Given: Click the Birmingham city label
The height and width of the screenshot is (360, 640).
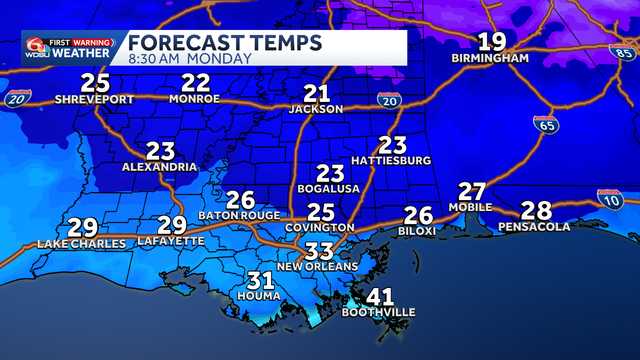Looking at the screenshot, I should tap(489, 59).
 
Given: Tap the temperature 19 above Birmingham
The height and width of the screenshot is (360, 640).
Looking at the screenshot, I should tap(491, 42).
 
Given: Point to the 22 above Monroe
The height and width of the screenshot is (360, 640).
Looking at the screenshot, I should tap(195, 83).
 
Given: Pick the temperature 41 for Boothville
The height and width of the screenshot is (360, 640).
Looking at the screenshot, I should tap(379, 297).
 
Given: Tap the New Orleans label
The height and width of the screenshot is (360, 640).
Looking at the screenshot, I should tap(317, 267).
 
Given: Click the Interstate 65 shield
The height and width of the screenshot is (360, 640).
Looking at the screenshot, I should tap(545, 124).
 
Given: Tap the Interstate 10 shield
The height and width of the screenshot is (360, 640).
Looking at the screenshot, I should tap(609, 198).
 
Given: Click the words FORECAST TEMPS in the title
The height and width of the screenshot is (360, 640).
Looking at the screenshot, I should tap(225, 42).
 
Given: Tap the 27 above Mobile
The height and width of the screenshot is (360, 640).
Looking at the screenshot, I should tap(472, 191).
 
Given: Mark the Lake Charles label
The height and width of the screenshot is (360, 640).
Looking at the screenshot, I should tap(82, 243).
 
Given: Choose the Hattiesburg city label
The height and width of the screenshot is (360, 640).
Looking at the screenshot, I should tap(391, 160).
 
